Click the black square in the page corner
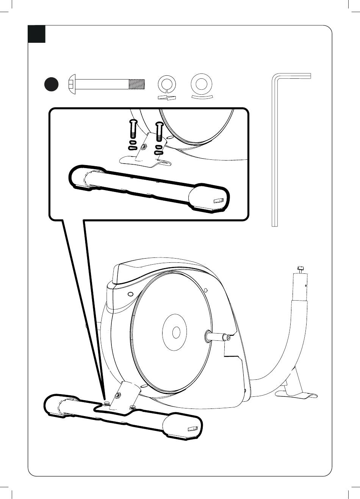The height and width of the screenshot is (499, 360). pyautogui.click(x=37, y=34)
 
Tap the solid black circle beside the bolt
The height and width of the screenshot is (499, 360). pyautogui.click(x=51, y=84)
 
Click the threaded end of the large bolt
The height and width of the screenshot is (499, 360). pyautogui.click(x=136, y=84)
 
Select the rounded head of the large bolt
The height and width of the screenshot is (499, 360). pyautogui.click(x=72, y=84)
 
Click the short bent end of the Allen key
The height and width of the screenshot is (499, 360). pyautogui.click(x=299, y=76)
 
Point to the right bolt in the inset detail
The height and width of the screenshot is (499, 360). pyautogui.click(x=159, y=131)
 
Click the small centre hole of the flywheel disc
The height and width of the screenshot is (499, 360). pyautogui.click(x=176, y=332)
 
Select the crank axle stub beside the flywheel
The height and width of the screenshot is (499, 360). pyautogui.click(x=220, y=336)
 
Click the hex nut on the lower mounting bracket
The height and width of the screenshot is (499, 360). pyautogui.click(x=118, y=395)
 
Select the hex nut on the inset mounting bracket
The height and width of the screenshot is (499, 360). pyautogui.click(x=144, y=147)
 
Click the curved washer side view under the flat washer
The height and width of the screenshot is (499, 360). pyautogui.click(x=202, y=97)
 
